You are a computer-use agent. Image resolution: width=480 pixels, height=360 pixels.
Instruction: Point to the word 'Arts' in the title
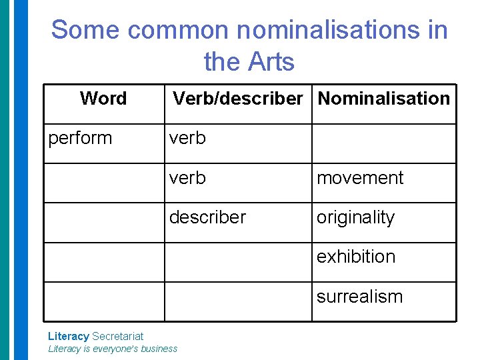click(271, 62)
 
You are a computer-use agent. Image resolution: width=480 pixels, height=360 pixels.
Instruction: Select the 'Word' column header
click(103, 99)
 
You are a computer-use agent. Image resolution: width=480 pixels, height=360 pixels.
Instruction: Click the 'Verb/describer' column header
click(238, 99)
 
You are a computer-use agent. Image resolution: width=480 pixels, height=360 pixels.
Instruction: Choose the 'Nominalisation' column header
click(383, 99)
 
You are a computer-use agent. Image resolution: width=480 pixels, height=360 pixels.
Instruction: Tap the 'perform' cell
click(80, 138)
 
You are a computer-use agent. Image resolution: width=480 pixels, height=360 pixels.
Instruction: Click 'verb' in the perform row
click(187, 138)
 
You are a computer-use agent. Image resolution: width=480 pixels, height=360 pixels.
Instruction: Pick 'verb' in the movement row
click(187, 178)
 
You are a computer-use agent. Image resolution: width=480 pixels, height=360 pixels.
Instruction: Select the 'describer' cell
click(207, 217)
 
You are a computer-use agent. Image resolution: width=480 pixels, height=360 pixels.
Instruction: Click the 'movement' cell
click(360, 178)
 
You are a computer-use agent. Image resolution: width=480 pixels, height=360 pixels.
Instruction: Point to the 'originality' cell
click(355, 217)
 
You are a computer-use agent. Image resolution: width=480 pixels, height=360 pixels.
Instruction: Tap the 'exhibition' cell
click(355, 257)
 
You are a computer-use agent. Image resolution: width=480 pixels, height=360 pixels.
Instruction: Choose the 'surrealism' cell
click(359, 296)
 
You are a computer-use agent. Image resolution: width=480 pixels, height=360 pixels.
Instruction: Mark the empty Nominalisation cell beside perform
click(384, 143)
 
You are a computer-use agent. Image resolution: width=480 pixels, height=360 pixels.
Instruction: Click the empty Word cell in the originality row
click(104, 222)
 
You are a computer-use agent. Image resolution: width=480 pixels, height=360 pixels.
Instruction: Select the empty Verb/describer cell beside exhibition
click(238, 262)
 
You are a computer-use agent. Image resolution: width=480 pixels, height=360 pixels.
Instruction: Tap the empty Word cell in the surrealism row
click(104, 301)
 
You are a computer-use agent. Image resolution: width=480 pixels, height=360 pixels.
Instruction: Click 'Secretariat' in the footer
click(117, 336)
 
